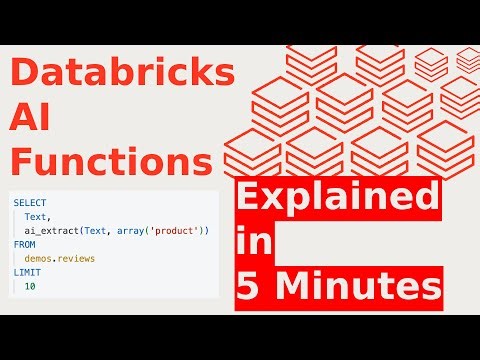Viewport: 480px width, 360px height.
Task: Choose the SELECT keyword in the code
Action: click(29, 203)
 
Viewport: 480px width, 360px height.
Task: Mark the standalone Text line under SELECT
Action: click(38, 217)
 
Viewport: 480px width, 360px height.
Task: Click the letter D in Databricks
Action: click(23, 75)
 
